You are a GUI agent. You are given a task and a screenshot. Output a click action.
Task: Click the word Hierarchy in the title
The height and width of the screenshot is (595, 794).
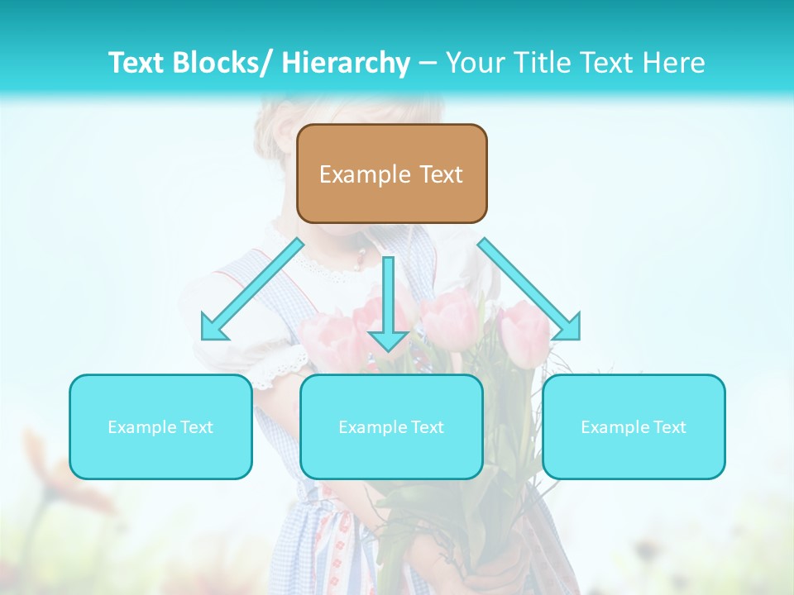[346, 63]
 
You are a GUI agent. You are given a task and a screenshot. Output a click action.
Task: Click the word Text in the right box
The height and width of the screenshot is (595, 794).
[668, 427]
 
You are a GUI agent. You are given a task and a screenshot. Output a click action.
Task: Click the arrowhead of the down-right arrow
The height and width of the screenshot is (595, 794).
[569, 328]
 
